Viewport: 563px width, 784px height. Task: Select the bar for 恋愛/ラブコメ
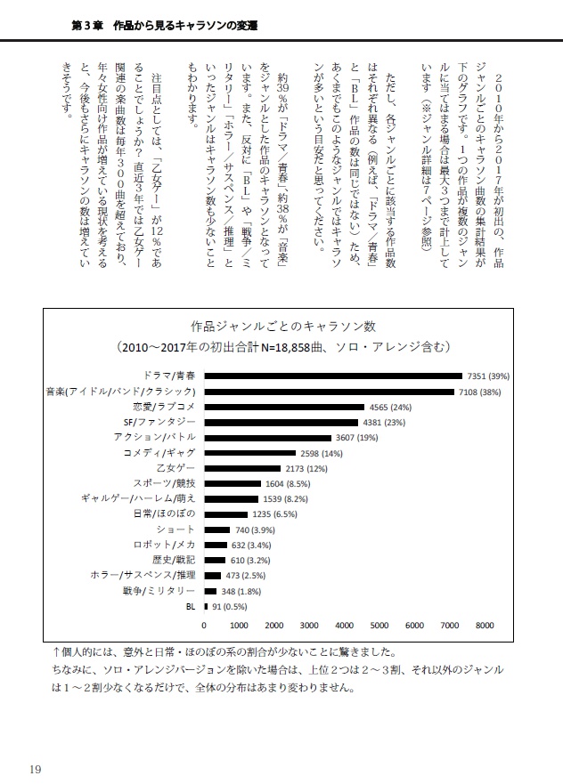pos(284,406)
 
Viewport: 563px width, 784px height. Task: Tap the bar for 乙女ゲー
pos(242,468)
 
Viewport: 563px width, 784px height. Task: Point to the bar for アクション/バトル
pos(267,437)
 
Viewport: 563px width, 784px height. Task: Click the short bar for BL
pos(207,606)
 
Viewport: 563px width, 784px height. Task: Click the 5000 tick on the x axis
pos(379,625)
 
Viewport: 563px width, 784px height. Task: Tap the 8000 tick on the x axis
pos(484,625)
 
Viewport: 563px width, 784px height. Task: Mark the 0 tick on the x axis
pos(205,625)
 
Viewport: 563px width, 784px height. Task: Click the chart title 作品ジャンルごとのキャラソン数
pos(281,326)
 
